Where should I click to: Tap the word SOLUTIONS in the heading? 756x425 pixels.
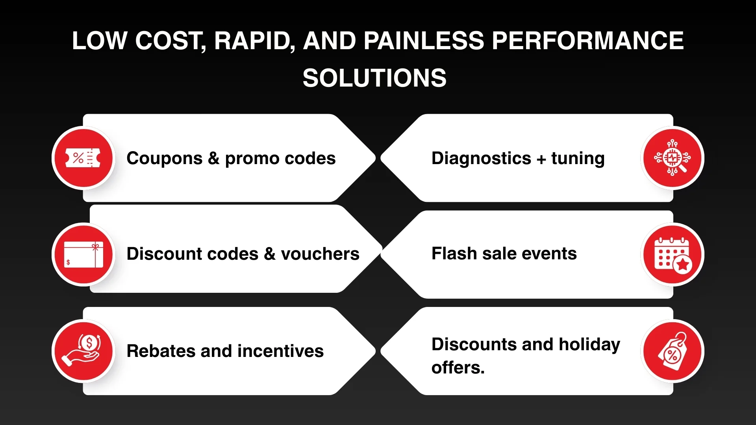click(374, 78)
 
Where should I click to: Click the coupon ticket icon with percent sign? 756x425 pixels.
click(83, 158)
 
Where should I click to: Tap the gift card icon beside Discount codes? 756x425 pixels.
click(83, 254)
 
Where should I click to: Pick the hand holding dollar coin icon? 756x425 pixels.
click(83, 351)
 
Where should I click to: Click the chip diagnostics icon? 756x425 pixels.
click(672, 158)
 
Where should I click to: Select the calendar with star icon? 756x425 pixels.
click(673, 255)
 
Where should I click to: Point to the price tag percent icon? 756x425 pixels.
click(673, 351)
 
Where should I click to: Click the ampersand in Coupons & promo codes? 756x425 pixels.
click(213, 158)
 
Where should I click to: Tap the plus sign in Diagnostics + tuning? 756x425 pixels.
click(541, 159)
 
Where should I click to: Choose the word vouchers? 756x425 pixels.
click(320, 254)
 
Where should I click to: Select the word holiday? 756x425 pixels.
click(589, 344)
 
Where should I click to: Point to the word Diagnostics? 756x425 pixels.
click(481, 158)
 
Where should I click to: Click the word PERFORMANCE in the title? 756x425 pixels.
click(587, 41)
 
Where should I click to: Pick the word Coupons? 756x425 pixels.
click(164, 158)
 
